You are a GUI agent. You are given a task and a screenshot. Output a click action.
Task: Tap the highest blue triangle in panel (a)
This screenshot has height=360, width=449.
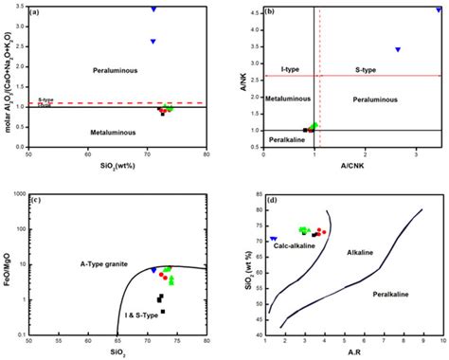pyautogui.click(x=153, y=9)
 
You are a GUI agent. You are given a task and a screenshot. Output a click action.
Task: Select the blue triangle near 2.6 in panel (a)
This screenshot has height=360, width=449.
pyautogui.click(x=153, y=42)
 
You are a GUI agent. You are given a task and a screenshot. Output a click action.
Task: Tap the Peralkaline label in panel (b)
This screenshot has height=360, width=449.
pyautogui.click(x=286, y=140)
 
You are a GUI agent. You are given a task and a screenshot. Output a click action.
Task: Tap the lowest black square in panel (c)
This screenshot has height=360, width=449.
pyautogui.click(x=163, y=311)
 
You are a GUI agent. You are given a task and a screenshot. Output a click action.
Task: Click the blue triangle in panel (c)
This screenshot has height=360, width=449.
pyautogui.click(x=153, y=271)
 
